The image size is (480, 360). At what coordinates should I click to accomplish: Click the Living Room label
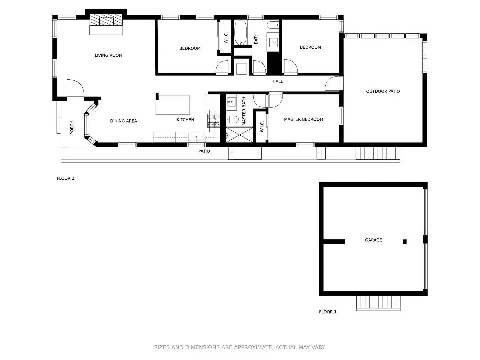[x=108, y=55]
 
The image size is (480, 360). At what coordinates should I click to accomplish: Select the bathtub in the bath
[x=240, y=33]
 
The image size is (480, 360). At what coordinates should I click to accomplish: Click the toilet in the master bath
[x=232, y=119]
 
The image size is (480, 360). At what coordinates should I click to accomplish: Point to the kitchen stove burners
[x=214, y=121]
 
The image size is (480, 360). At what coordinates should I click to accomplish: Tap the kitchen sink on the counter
[x=196, y=137]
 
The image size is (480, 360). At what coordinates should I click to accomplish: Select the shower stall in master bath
[x=240, y=135]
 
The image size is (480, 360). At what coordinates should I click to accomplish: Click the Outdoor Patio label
[x=383, y=91]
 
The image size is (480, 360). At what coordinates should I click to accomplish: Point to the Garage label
[x=373, y=240]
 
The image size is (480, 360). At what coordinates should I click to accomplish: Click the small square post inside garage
[x=405, y=242]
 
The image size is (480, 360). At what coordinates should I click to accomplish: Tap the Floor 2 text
[x=65, y=178]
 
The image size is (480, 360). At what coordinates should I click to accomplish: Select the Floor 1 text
[x=328, y=312]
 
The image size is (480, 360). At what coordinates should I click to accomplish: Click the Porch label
[x=72, y=128]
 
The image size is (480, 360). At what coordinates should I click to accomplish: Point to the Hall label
[x=277, y=81]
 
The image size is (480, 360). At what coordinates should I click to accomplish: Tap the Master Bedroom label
[x=303, y=119]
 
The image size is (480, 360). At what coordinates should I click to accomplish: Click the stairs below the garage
[x=378, y=303]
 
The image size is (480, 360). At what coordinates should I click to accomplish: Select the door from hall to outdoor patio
[x=332, y=84]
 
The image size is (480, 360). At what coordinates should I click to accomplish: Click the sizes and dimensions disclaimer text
[x=240, y=347]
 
